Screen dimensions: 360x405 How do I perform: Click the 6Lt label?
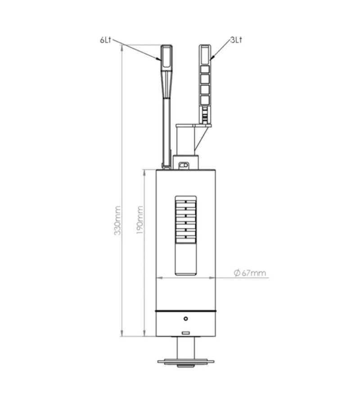[106, 40]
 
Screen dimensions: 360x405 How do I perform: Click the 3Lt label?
[236, 40]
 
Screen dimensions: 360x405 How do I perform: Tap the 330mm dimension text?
[117, 220]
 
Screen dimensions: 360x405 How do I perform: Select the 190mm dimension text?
[139, 220]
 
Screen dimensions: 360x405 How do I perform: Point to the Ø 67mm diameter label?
[250, 273]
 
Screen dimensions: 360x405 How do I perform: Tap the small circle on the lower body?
[186, 319]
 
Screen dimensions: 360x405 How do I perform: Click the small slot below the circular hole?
[186, 333]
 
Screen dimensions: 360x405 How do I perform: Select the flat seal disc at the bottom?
[186, 361]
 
